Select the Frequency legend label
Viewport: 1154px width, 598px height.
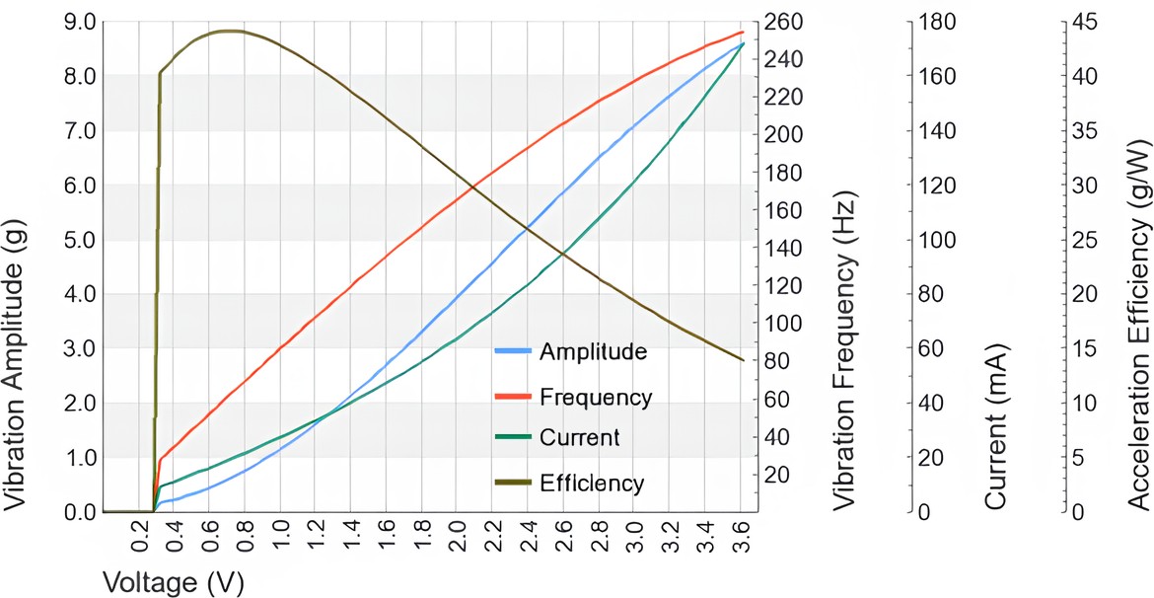point(596,398)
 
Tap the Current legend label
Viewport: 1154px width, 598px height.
point(580,438)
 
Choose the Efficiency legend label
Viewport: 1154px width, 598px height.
point(592,484)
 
